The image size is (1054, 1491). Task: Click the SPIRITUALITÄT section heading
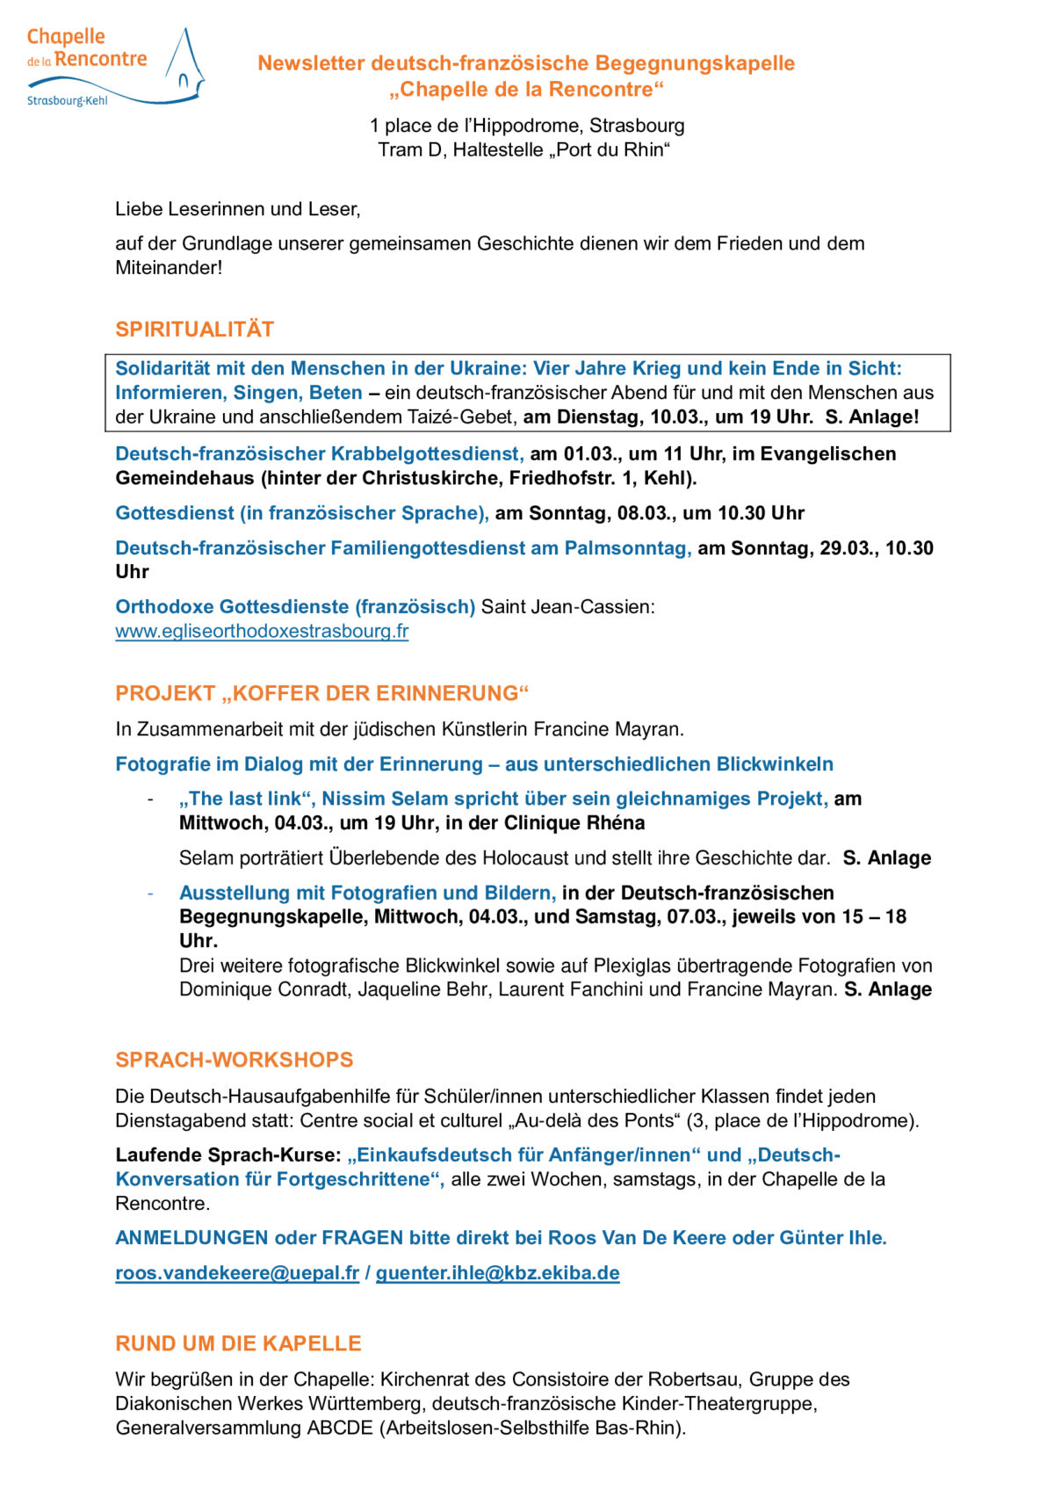[x=194, y=329]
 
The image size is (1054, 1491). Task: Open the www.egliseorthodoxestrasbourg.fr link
[x=262, y=631]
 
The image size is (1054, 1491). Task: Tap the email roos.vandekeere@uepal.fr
[x=237, y=1273]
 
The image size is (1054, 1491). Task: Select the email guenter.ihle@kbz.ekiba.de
[x=497, y=1273]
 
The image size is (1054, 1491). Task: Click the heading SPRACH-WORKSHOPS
[x=234, y=1060]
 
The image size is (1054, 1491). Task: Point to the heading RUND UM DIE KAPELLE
[x=238, y=1343]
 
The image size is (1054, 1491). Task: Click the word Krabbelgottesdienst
[x=427, y=454]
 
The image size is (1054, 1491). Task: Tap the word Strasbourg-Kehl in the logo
[x=68, y=101]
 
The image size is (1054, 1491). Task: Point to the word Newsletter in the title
[x=311, y=63]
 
